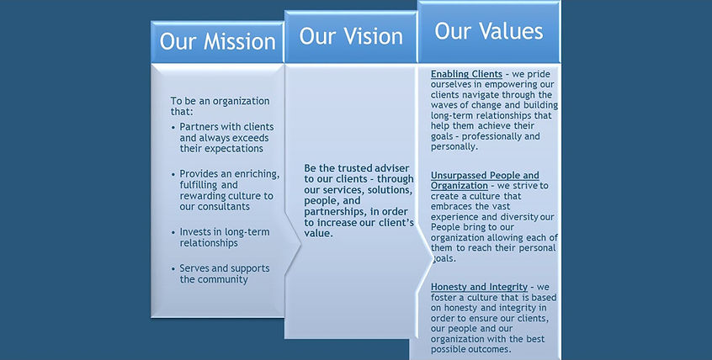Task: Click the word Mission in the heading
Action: pos(239,41)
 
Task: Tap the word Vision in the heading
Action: pos(371,36)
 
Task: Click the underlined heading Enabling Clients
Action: pos(466,74)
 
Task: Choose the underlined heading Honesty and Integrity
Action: pos(479,287)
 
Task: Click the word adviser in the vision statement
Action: pos(392,168)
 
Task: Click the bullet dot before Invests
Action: pos(173,232)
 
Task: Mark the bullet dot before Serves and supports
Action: pos(173,269)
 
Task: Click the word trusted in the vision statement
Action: pos(354,168)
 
